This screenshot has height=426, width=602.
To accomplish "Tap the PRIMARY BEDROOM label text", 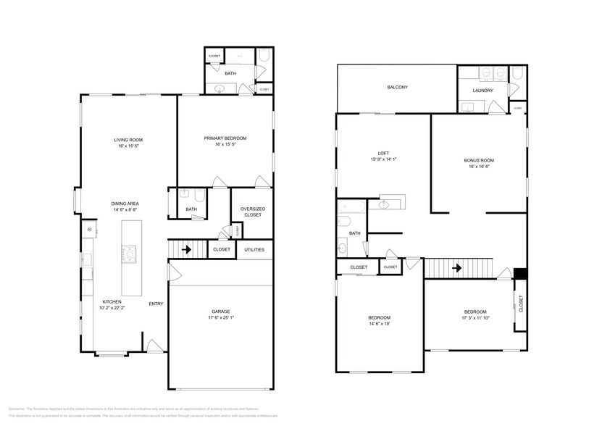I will click(x=225, y=138).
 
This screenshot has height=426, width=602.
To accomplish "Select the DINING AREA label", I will click(x=125, y=203).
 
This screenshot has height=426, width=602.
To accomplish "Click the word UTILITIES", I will click(x=254, y=250).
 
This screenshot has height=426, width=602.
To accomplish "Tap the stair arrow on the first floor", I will click(x=185, y=250).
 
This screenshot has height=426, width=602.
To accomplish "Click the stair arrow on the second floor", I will click(x=457, y=268).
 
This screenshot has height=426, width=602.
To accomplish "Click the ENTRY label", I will click(x=156, y=304).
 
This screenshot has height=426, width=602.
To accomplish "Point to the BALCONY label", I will click(x=397, y=88).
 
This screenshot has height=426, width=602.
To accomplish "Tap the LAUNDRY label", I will click(x=482, y=91).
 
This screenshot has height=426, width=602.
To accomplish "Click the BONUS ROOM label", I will click(x=479, y=160).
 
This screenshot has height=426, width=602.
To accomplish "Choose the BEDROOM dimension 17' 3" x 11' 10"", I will click(x=476, y=319).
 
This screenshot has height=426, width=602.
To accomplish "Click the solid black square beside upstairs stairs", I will click(x=519, y=274).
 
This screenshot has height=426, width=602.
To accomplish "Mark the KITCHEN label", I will click(x=112, y=301).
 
